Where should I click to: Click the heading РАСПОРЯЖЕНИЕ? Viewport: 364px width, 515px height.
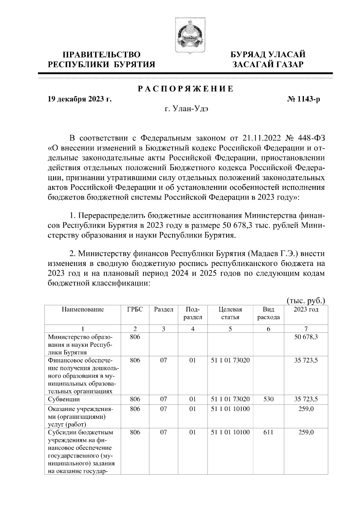tap(186, 89)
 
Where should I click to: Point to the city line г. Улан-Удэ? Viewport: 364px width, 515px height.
tap(186, 109)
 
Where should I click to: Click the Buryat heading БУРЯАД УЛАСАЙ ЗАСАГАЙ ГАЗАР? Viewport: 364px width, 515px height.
tap(268, 59)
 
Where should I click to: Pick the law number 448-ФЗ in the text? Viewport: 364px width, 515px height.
tap(314, 139)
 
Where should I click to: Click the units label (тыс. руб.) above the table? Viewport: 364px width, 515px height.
tap(306, 301)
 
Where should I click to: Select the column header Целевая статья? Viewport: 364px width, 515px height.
tap(230, 313)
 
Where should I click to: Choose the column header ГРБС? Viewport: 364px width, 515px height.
tap(135, 310)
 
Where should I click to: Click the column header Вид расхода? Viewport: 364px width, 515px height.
tap(268, 313)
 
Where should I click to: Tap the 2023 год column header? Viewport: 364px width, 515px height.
tap(306, 310)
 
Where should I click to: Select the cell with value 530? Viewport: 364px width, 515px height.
tap(268, 399)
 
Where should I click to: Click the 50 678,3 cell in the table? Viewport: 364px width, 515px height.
tap(306, 337)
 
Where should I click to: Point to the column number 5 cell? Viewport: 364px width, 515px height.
tap(230, 329)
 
